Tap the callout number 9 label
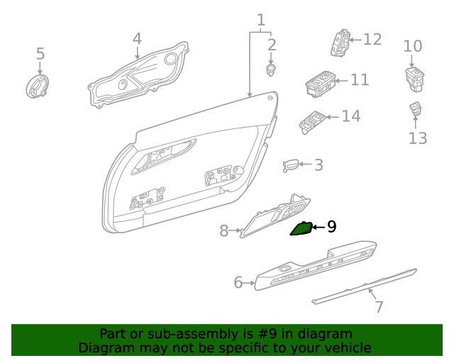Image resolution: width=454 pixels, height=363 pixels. click(331, 227)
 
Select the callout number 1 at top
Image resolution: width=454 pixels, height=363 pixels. click(261, 20)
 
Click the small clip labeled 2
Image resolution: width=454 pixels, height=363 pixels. click(270, 70)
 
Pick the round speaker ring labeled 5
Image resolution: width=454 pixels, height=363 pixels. click(38, 88)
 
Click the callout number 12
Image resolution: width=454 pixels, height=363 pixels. click(372, 39)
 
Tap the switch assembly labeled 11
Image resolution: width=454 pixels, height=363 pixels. click(319, 83)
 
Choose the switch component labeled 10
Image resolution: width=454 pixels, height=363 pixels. click(414, 77)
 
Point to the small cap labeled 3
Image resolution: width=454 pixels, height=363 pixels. click(291, 165)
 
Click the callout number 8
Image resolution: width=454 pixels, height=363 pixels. click(223, 230)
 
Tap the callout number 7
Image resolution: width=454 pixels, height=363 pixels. click(379, 307)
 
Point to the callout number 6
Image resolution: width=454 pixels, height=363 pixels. click(239, 283)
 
